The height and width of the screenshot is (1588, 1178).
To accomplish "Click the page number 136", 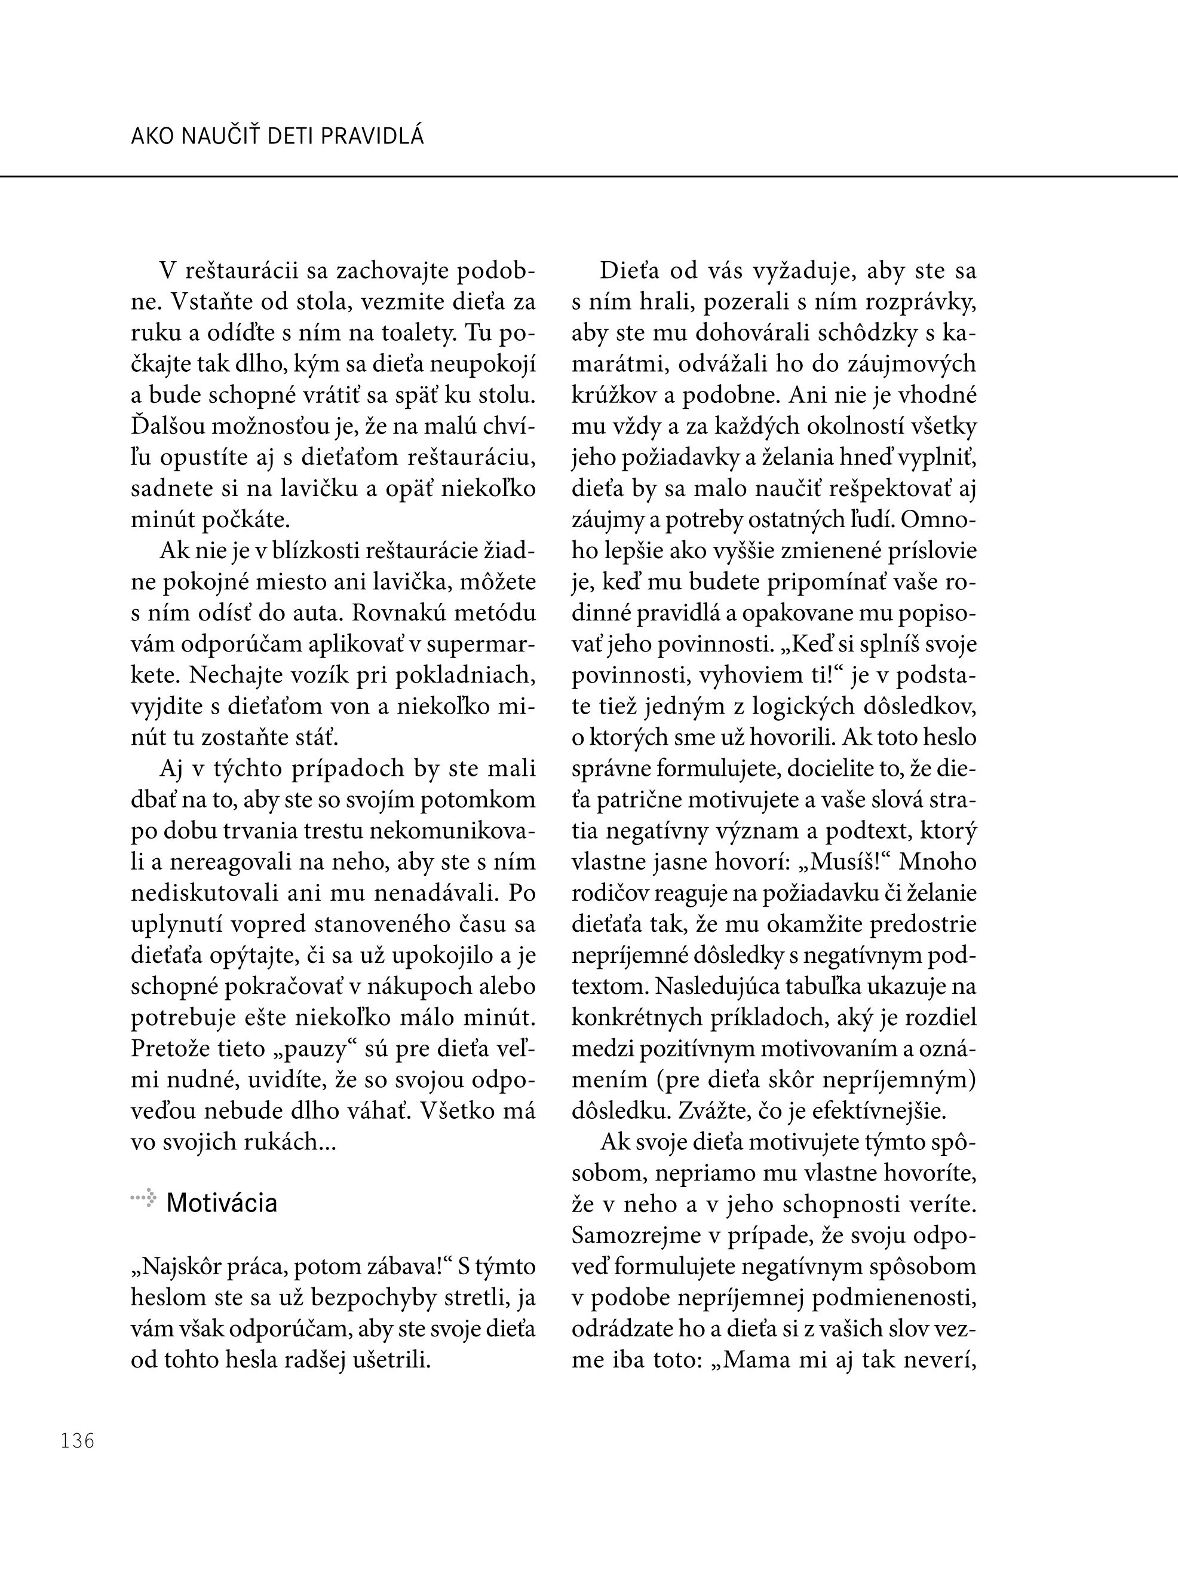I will point(78,1441).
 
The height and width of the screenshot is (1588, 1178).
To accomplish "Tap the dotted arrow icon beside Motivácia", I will point(143,1198).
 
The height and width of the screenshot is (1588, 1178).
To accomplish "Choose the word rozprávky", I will point(919,302).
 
